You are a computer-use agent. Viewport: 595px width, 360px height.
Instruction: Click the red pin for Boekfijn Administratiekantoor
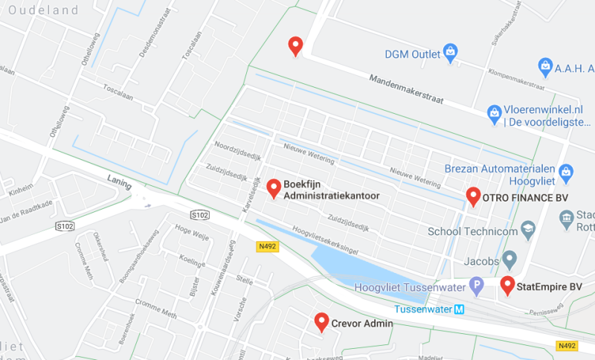(x=274, y=189)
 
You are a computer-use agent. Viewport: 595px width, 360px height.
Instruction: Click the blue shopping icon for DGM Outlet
(x=450, y=52)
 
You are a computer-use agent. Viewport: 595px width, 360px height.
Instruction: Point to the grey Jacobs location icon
(x=509, y=260)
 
